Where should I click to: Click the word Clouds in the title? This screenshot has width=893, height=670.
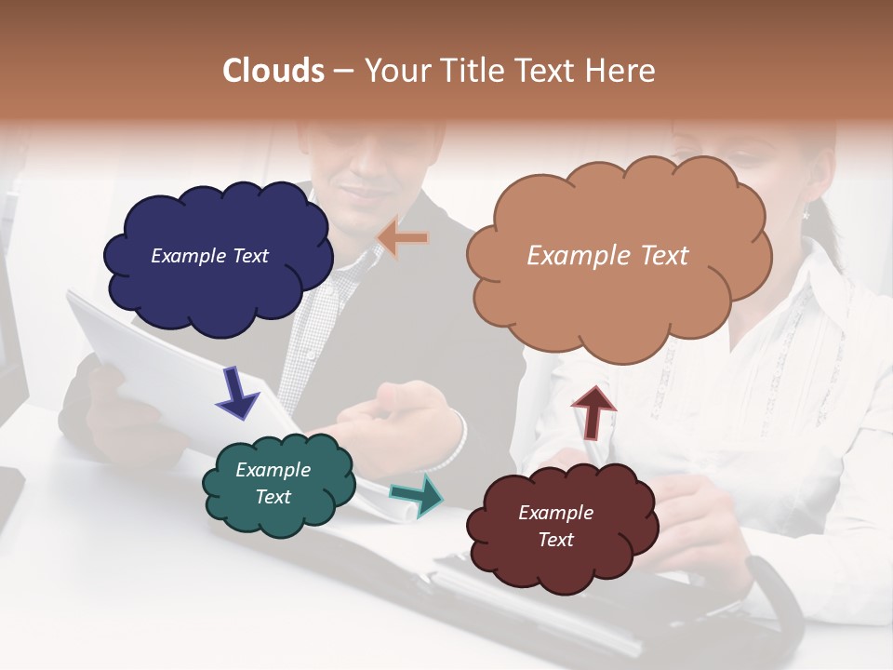pyautogui.click(x=273, y=71)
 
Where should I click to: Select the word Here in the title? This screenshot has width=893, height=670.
pyautogui.click(x=620, y=71)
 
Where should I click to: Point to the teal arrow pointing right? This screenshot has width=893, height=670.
pyautogui.click(x=418, y=496)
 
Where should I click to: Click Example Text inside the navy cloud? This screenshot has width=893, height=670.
pyautogui.click(x=209, y=256)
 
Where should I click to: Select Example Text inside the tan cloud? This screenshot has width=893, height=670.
pyautogui.click(x=607, y=256)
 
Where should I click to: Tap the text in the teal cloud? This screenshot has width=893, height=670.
pyautogui.click(x=273, y=483)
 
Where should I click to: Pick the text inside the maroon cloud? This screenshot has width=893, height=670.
pyautogui.click(x=555, y=526)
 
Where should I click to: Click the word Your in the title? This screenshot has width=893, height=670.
pyautogui.click(x=396, y=71)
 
